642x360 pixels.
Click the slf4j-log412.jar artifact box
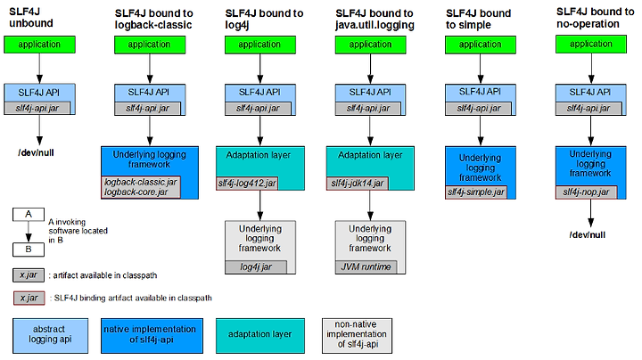(247, 184)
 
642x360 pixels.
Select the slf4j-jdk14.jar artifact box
(357, 184)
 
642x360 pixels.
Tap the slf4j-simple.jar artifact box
(476, 192)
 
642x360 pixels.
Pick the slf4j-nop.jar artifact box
(586, 192)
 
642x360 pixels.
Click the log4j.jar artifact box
(256, 267)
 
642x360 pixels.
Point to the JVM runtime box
(366, 267)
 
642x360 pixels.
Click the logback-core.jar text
(136, 192)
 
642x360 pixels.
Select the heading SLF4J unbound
(31, 18)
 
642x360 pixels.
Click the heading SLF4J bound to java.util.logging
(374, 20)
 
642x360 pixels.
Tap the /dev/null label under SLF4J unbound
(36, 152)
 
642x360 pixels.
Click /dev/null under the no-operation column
(587, 235)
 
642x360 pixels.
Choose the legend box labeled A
(29, 215)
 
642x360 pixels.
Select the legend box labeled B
(29, 250)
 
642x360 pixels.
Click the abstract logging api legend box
(50, 336)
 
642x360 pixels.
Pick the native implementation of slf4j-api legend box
(152, 336)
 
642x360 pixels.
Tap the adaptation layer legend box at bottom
(260, 336)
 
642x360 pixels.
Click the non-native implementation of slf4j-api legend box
(357, 336)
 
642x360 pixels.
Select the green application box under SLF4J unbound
(40, 45)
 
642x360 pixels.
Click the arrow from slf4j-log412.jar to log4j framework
(260, 205)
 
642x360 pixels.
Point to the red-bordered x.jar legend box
(29, 299)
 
